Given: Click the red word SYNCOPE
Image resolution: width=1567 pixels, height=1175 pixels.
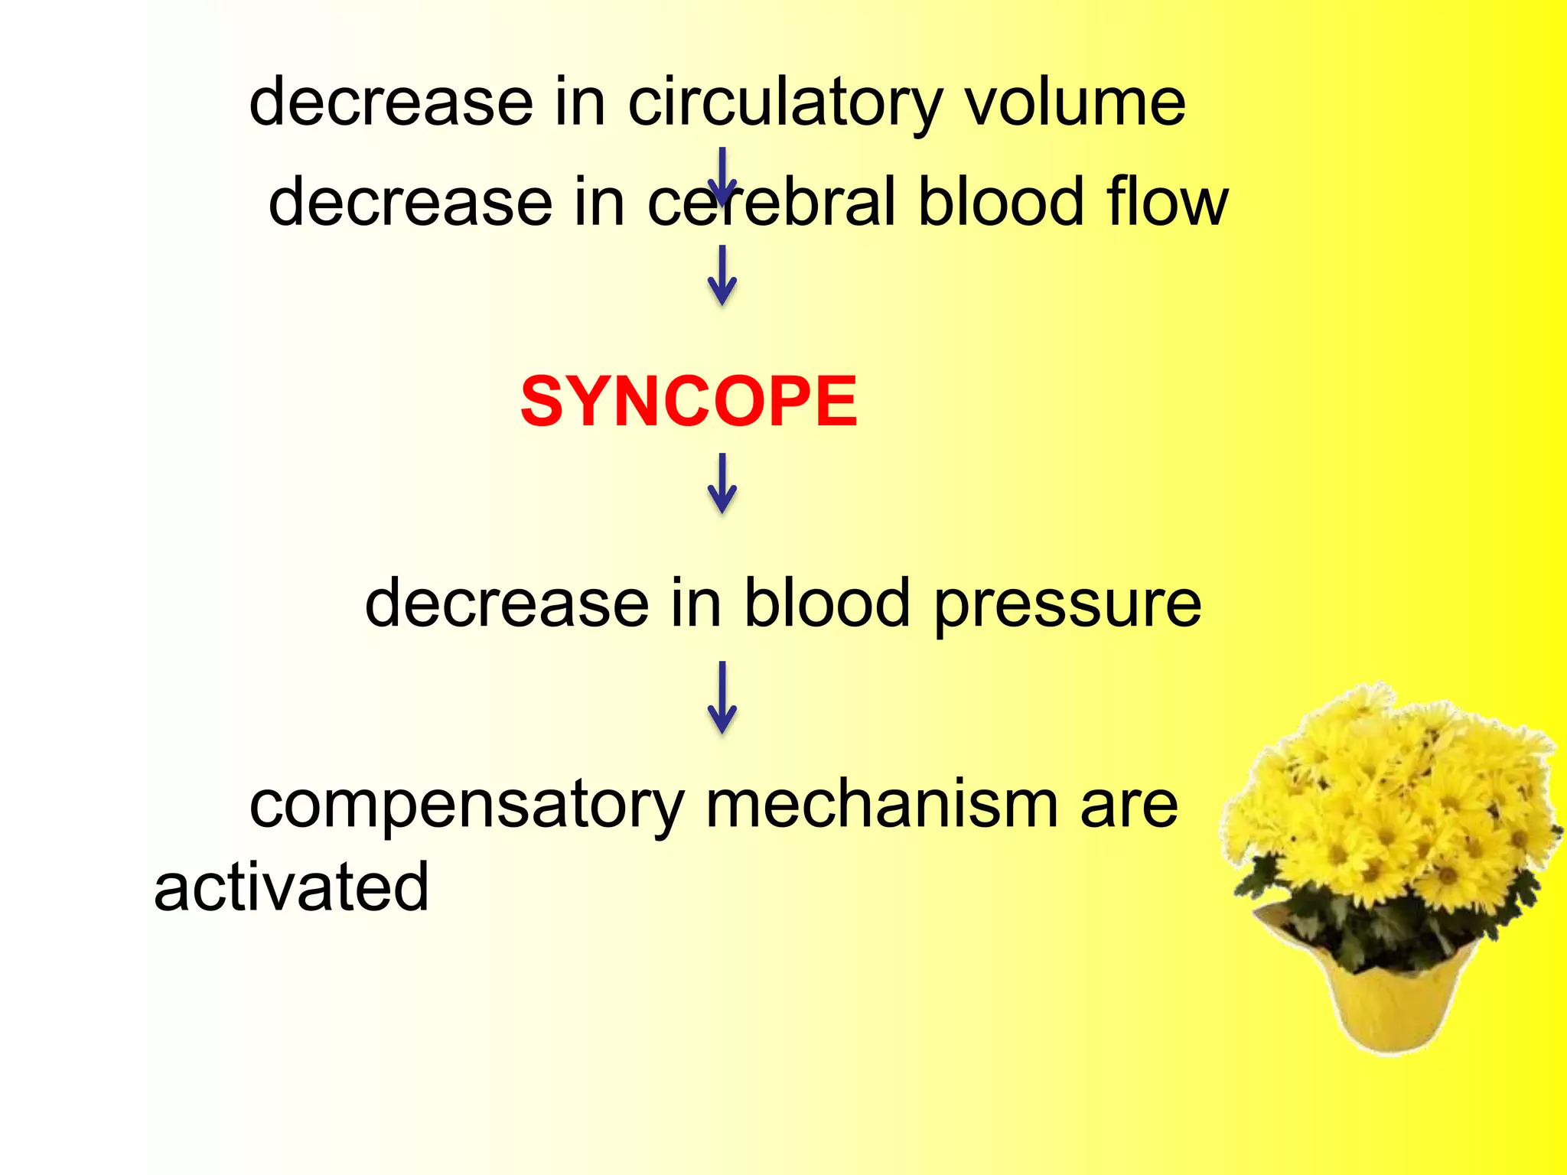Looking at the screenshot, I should pyautogui.click(x=689, y=402).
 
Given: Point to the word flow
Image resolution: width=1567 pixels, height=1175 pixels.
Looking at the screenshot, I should pyautogui.click(x=1167, y=203).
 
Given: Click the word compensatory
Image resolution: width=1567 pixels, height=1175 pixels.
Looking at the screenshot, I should pyautogui.click(x=467, y=807).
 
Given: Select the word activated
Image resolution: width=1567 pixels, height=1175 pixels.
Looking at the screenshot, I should pyautogui.click(x=291, y=887).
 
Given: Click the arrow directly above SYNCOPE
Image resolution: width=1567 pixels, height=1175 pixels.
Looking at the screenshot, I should pyautogui.click(x=722, y=275).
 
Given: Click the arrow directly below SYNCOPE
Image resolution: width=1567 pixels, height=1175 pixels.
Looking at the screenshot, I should pyautogui.click(x=722, y=483).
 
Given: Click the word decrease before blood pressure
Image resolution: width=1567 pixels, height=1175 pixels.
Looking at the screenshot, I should pyautogui.click(x=507, y=604).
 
